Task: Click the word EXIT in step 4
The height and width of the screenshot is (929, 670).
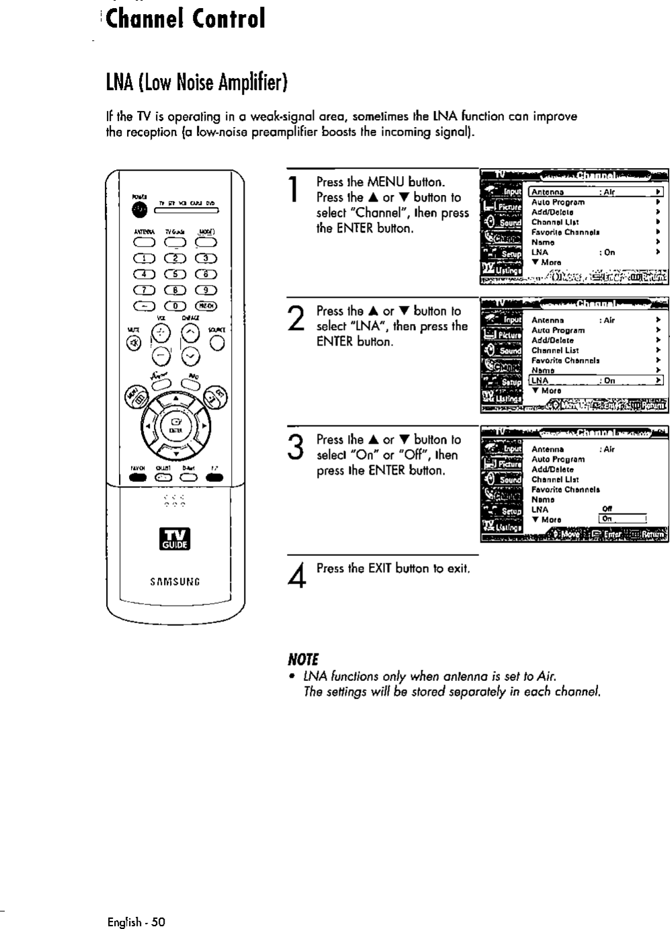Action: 376,569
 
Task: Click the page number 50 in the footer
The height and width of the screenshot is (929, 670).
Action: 158,922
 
